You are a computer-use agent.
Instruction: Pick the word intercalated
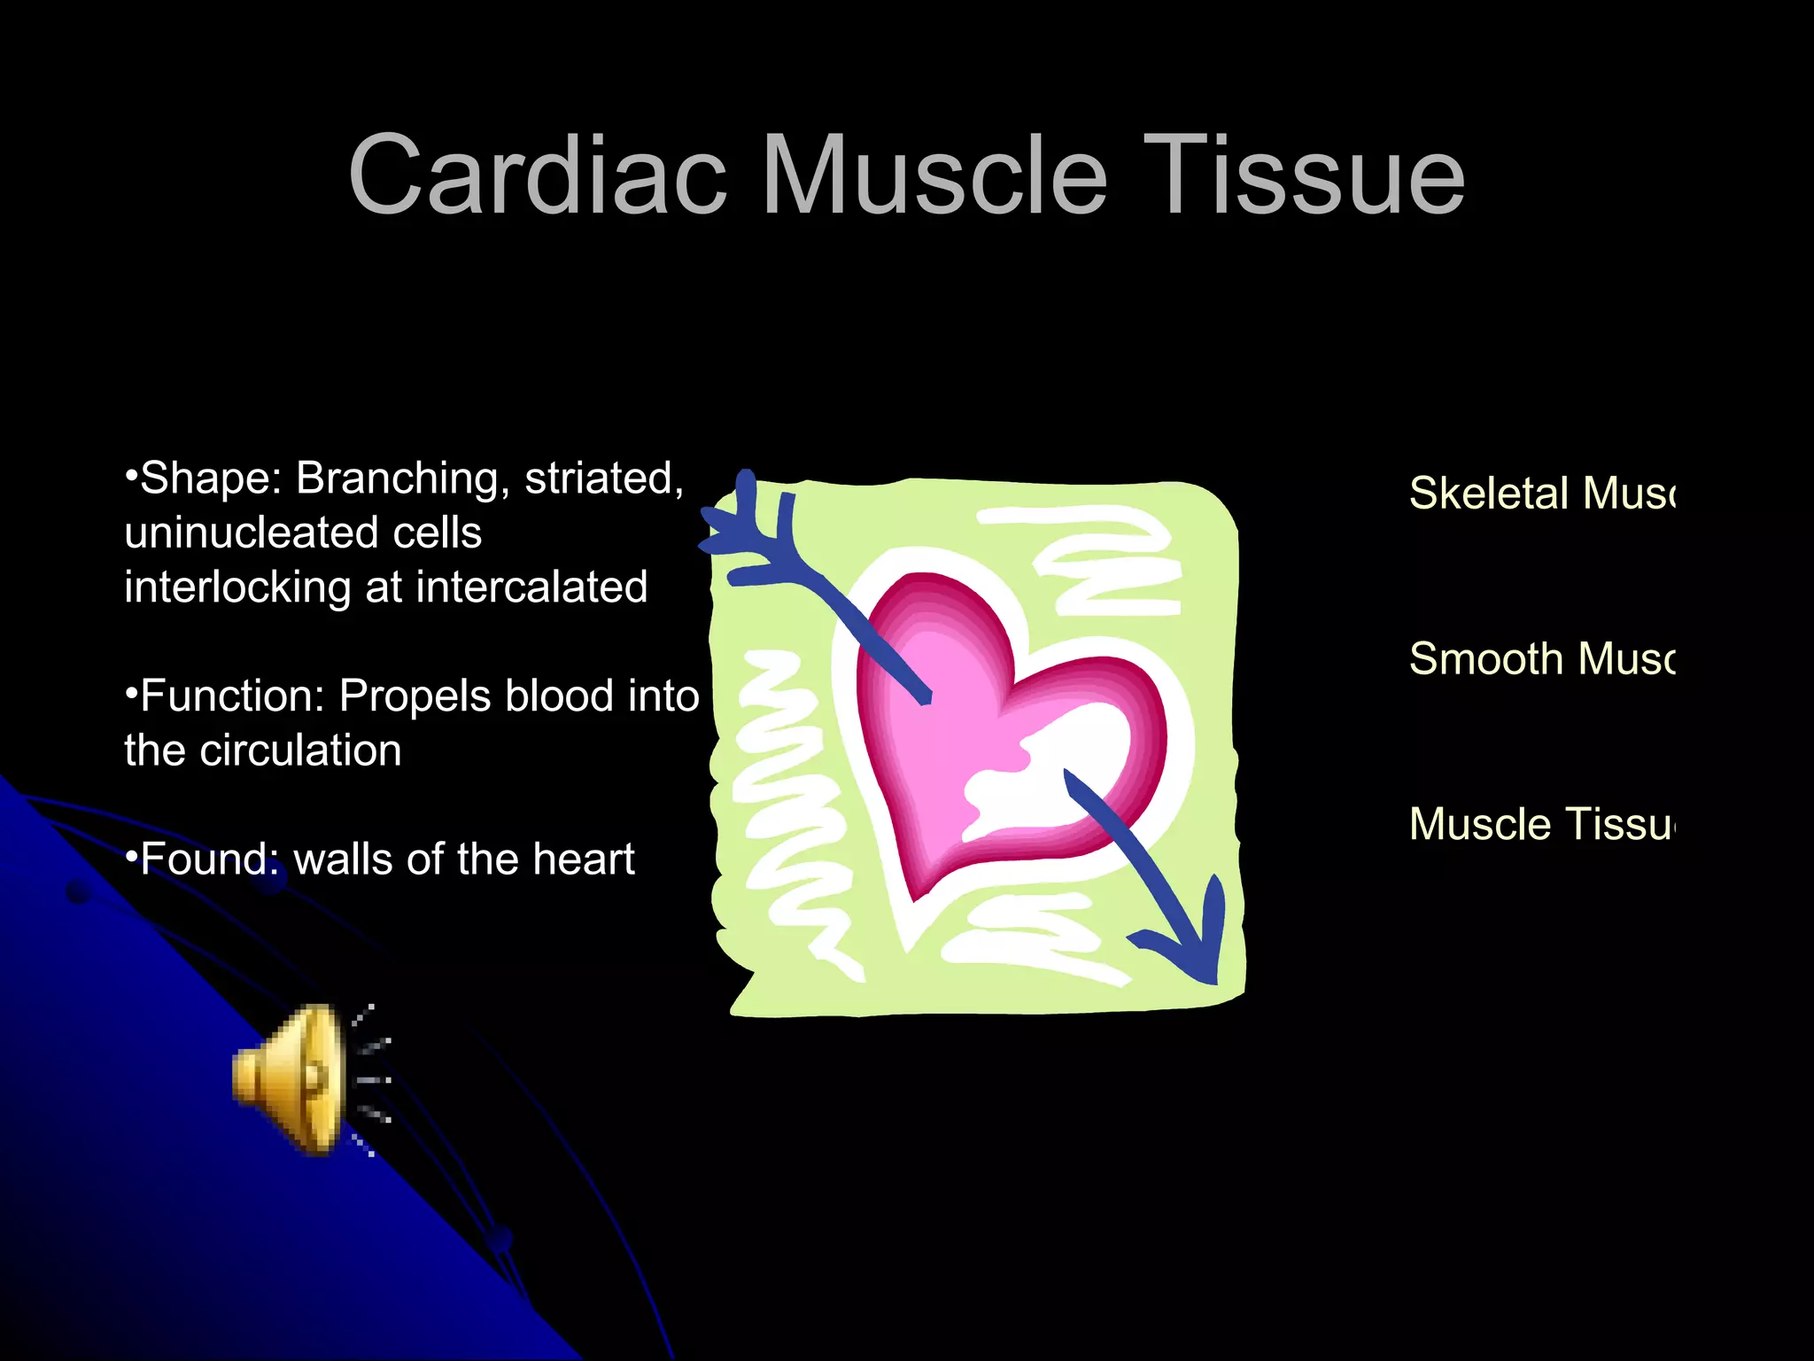coord(531,587)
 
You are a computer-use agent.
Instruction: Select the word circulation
coord(300,751)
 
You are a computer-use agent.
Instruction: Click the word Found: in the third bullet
coord(209,859)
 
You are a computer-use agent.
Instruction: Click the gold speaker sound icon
coord(292,1078)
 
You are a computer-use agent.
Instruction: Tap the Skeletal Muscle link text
coord(1541,494)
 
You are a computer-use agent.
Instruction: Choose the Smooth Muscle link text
coord(1541,659)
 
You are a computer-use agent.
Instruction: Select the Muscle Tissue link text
coord(1541,825)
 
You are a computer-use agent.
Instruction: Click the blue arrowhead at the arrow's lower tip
coord(1191,948)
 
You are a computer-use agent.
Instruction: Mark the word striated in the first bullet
coord(603,479)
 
